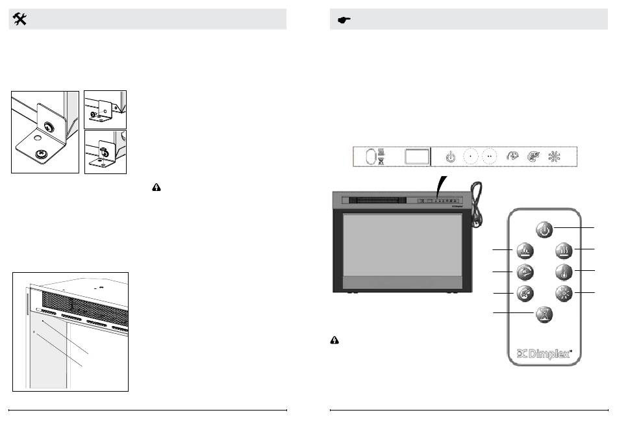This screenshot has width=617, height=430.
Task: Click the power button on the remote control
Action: coord(545,229)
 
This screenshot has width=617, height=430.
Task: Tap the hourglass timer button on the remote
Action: coord(544,314)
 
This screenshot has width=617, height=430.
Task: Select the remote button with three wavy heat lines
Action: coord(564,251)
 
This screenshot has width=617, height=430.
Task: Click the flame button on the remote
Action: coord(525,251)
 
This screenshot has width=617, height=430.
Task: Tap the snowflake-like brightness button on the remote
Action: coord(564,293)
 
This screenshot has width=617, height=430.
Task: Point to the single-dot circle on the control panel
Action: coord(470,157)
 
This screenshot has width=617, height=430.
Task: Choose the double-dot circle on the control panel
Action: coord(489,157)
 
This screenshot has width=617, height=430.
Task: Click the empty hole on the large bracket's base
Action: coord(38,138)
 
